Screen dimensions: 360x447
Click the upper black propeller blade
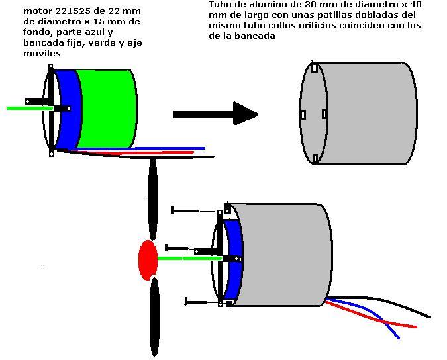tap(153, 199)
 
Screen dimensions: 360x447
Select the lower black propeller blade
tap(154, 316)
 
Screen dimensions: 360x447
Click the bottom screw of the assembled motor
tap(199, 302)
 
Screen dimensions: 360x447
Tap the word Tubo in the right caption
tap(219, 4)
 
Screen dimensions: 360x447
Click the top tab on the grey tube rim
tap(314, 67)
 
